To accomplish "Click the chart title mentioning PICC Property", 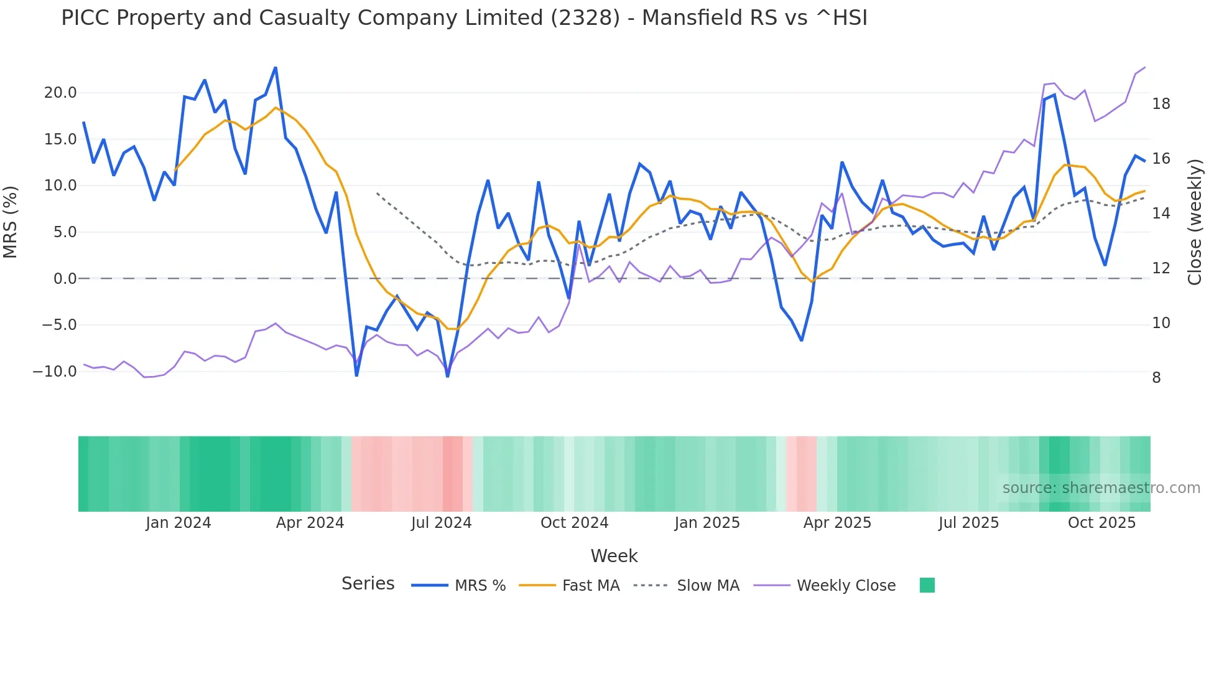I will pyautogui.click(x=464, y=18).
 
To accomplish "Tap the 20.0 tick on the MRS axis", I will pyautogui.click(x=60, y=93).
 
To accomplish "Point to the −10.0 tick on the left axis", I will pyautogui.click(x=55, y=372).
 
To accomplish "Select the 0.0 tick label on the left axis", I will pyautogui.click(x=65, y=279).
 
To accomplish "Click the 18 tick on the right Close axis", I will pyautogui.click(x=1161, y=104).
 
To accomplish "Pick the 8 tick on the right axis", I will pyautogui.click(x=1156, y=378).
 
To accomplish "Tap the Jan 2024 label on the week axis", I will pyautogui.click(x=178, y=523).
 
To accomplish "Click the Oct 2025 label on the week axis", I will pyautogui.click(x=1101, y=523).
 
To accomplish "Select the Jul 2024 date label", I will pyautogui.click(x=441, y=523).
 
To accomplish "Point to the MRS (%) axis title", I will pyautogui.click(x=11, y=222).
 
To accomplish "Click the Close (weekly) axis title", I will pyautogui.click(x=1194, y=222).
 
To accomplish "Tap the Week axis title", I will pyautogui.click(x=614, y=556).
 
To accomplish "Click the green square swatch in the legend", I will pyautogui.click(x=927, y=585).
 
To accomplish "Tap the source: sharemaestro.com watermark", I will pyautogui.click(x=1101, y=488).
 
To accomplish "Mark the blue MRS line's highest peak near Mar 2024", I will pyautogui.click(x=276, y=68).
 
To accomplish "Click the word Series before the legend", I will pyautogui.click(x=368, y=584).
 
